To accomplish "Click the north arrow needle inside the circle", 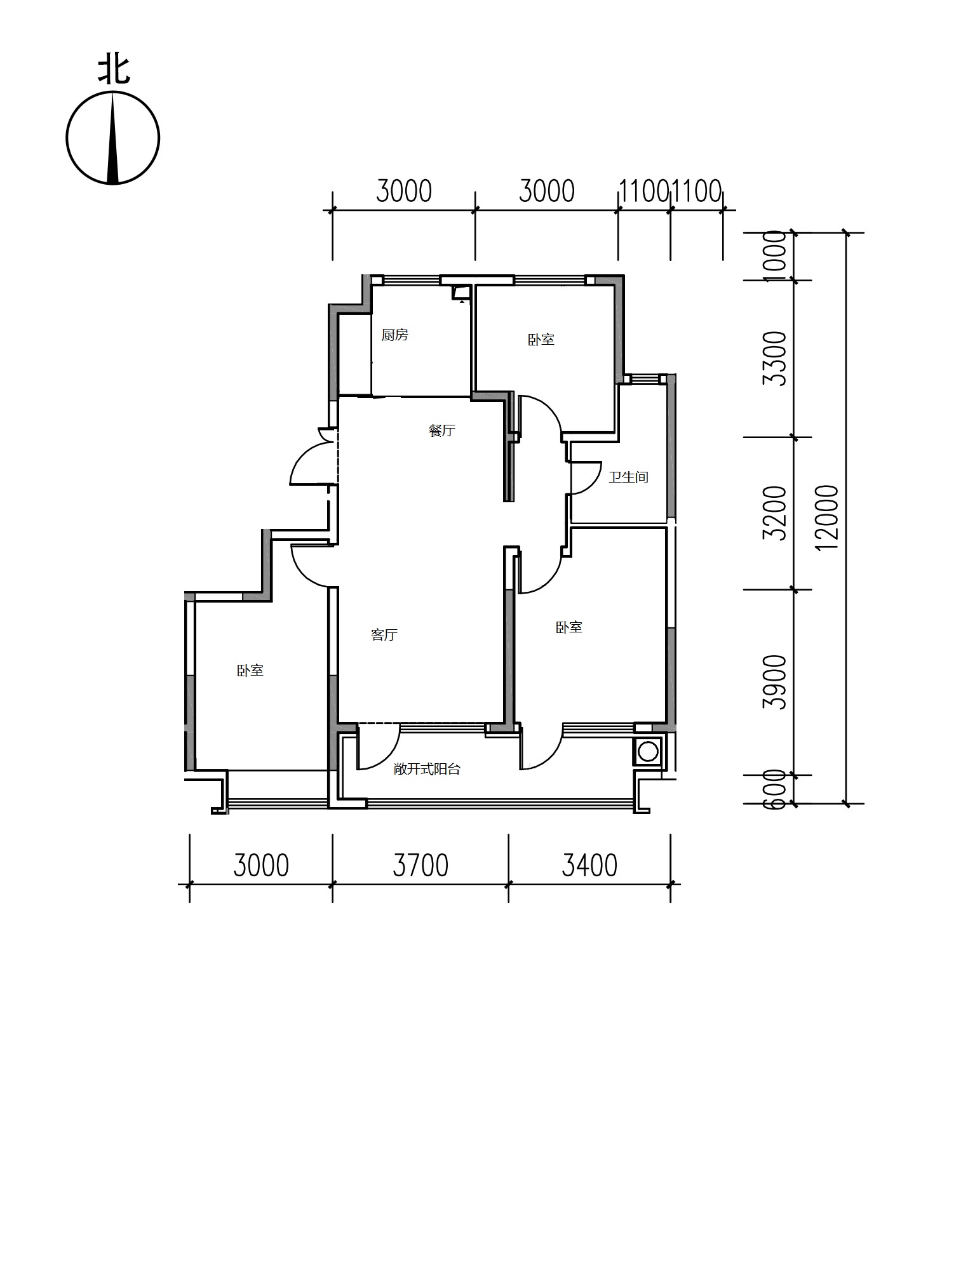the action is [x=113, y=138].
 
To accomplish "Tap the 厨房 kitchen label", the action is [x=394, y=335].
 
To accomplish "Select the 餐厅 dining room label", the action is [x=442, y=431].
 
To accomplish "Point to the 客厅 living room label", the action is [x=384, y=634].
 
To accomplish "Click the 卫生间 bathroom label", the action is [x=628, y=477].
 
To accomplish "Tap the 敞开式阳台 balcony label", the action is [x=427, y=769].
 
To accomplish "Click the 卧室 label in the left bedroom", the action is [x=250, y=671].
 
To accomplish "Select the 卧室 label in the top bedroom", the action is [x=541, y=340].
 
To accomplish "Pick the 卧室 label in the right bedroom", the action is [x=569, y=627].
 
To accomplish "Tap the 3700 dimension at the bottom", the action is [x=420, y=865].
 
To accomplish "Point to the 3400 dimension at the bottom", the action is [x=589, y=865].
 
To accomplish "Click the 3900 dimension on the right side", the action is [x=775, y=683].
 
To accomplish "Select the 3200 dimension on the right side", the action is [x=775, y=513].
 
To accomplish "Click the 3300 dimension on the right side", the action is [x=775, y=358].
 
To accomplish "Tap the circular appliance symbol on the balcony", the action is [x=648, y=752].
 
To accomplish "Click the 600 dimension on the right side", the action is [x=775, y=789].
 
